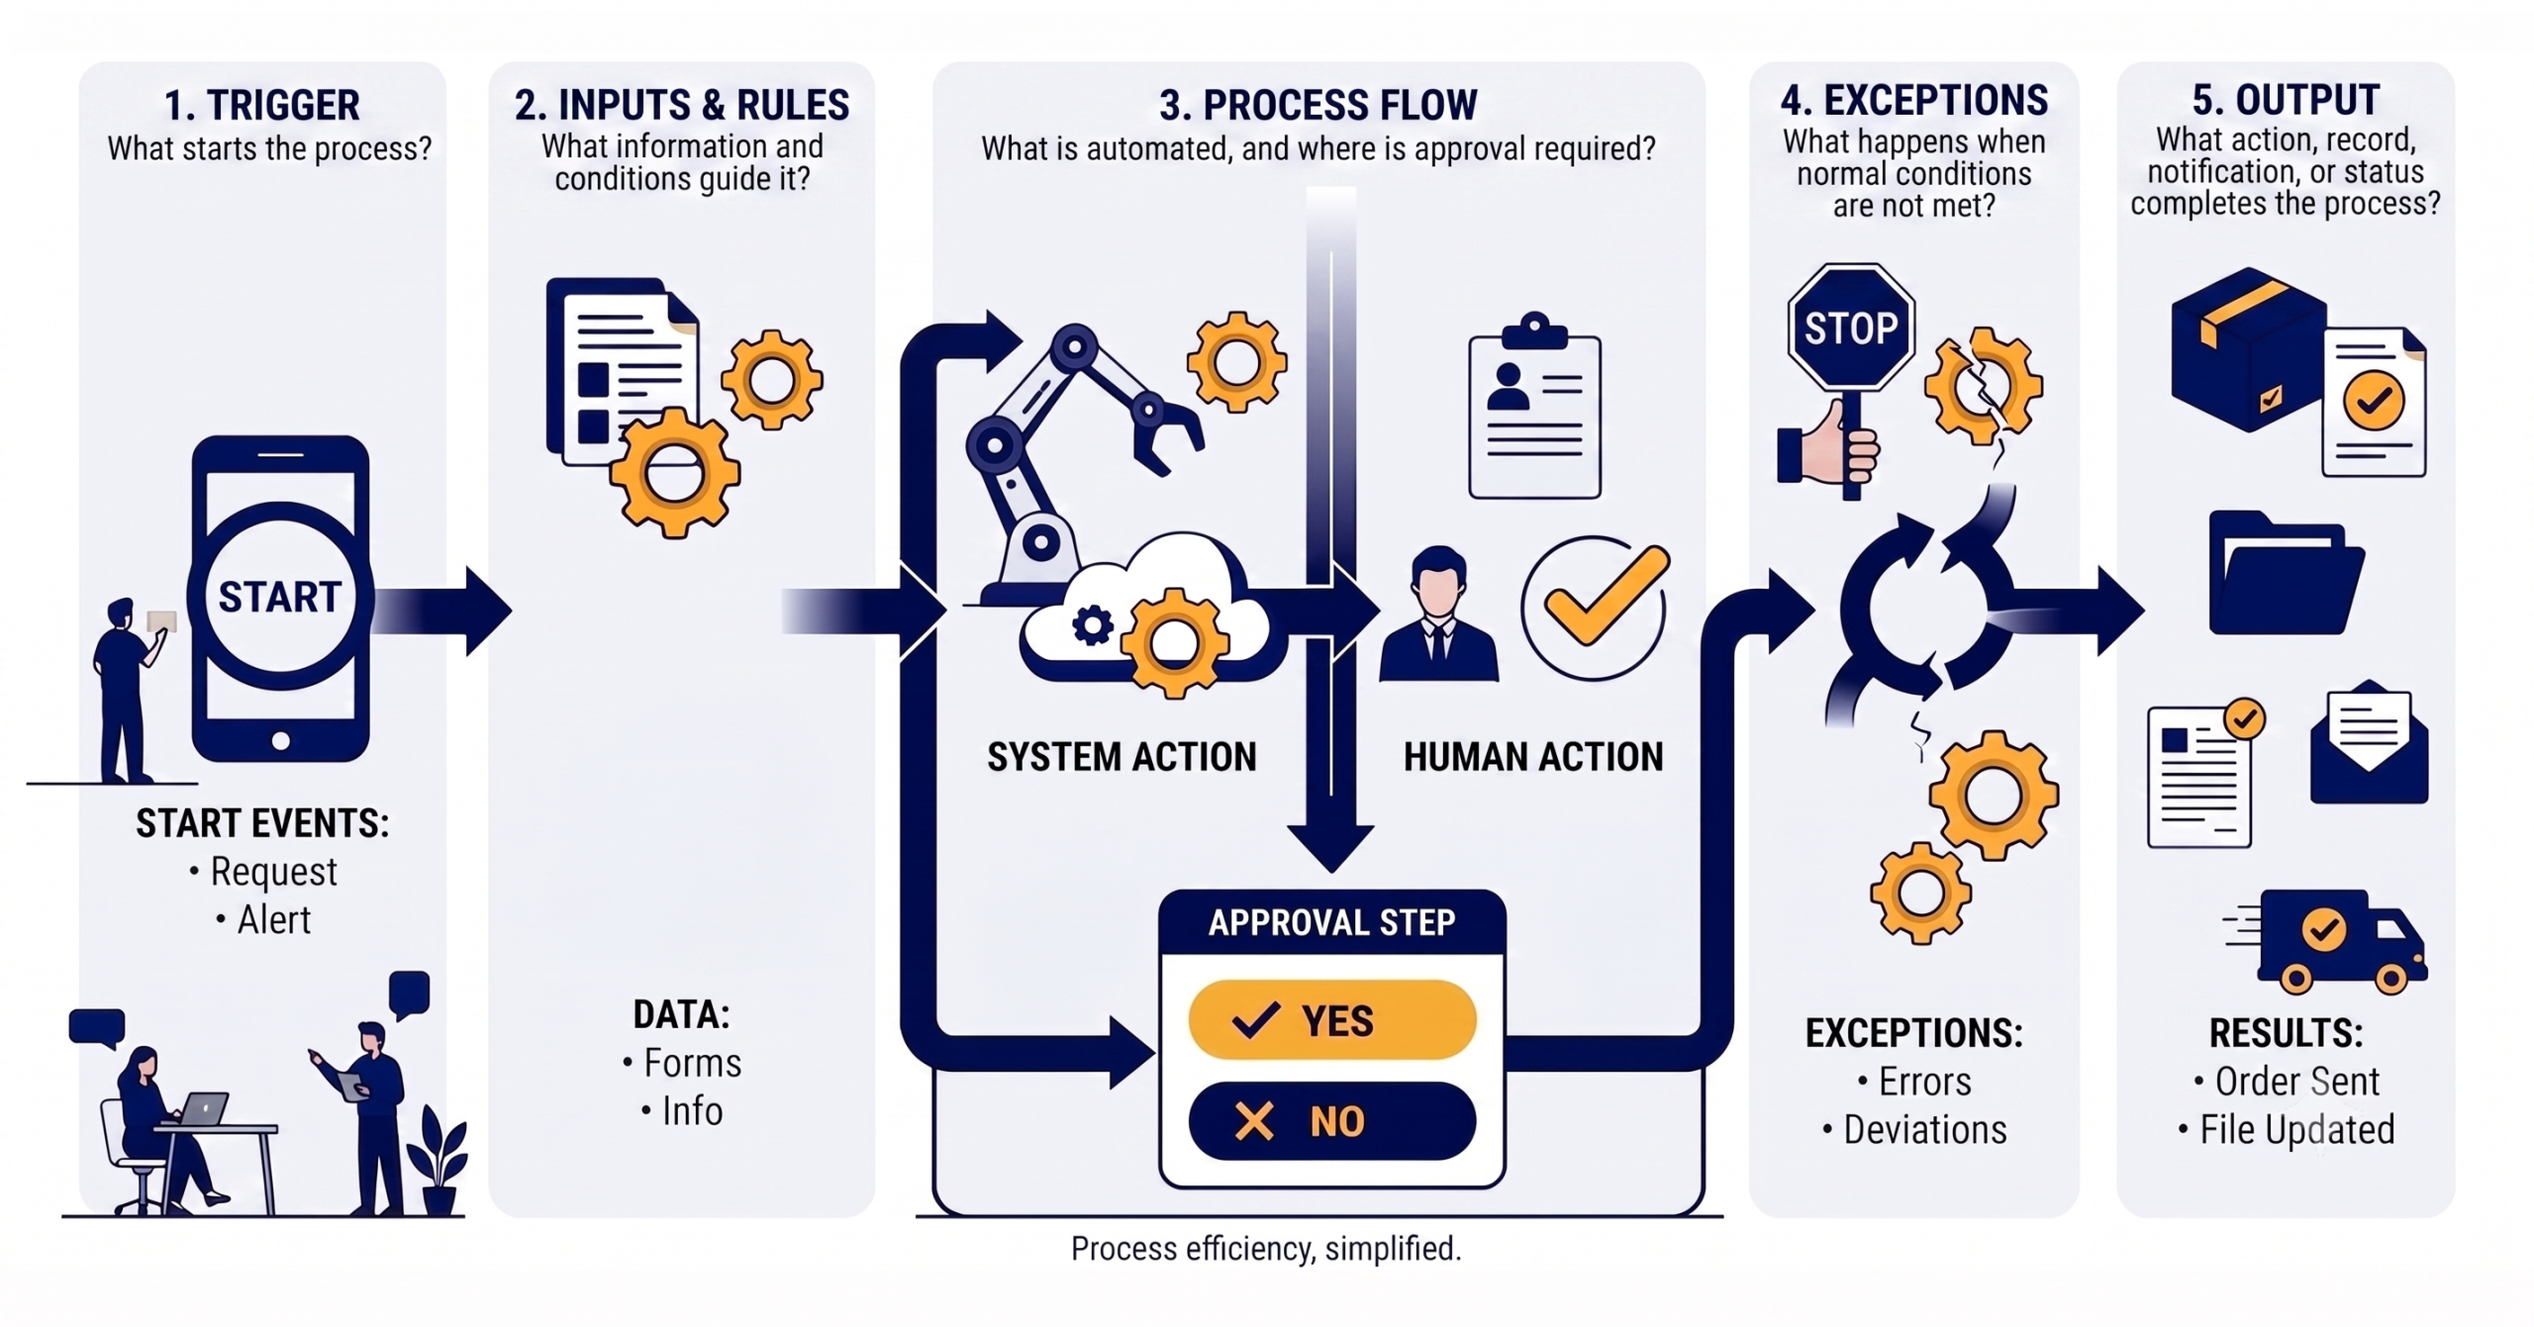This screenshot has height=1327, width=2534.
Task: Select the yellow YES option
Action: coord(1332,1020)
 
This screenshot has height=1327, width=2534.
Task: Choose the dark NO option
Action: coord(1332,1121)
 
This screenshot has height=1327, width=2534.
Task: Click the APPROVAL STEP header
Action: coord(1332,922)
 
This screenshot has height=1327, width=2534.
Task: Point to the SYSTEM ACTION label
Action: coord(1121,757)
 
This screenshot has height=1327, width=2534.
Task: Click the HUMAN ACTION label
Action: coord(1533,757)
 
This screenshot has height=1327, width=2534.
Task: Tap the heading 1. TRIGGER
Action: coord(262,105)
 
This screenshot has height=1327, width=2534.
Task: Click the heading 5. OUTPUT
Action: coord(2286,100)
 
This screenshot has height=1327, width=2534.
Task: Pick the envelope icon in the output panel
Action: coord(2369,741)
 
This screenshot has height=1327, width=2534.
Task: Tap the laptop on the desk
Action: coord(202,1108)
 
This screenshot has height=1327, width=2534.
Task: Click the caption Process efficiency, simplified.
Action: coord(1266,1249)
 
